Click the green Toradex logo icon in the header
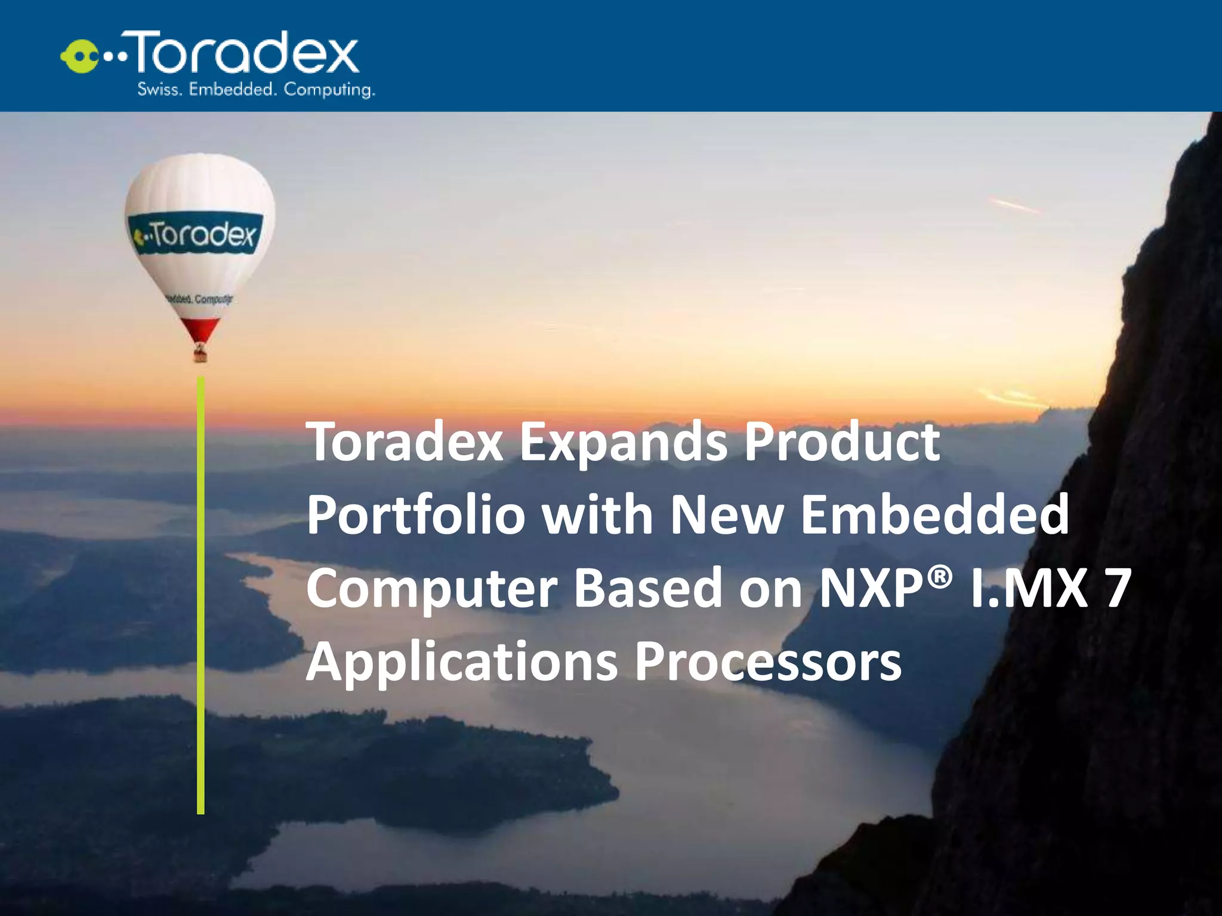tap(79, 57)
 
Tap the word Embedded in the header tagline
tap(232, 89)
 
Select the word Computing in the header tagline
tap(329, 90)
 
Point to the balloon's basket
tap(200, 355)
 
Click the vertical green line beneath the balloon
tap(200, 596)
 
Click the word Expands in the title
tap(623, 443)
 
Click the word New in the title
tap(726, 514)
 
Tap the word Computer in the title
tap(431, 589)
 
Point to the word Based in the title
tap(648, 588)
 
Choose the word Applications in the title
tap(462, 662)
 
